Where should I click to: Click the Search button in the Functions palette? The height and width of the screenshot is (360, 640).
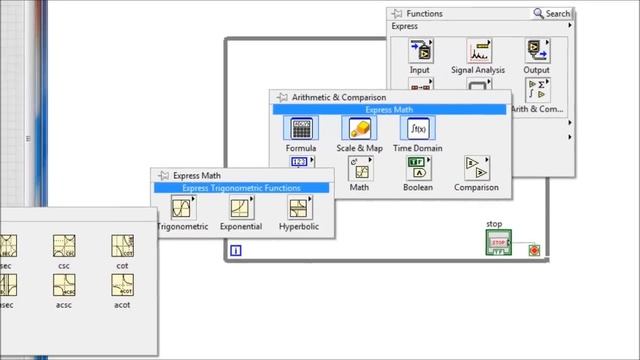click(x=552, y=14)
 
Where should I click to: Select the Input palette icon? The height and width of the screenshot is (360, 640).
click(x=420, y=50)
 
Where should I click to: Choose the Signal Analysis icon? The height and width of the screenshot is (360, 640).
click(x=478, y=50)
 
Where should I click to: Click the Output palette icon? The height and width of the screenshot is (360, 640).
click(x=538, y=50)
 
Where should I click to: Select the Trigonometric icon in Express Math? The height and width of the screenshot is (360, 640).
click(x=182, y=207)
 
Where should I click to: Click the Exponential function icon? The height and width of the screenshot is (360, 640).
click(x=241, y=207)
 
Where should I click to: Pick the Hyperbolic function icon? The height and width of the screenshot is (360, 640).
click(x=299, y=207)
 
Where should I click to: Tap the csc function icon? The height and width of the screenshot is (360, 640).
click(x=65, y=246)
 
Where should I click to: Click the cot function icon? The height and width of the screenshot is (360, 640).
click(x=123, y=246)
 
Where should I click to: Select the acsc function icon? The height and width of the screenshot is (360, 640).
click(x=65, y=285)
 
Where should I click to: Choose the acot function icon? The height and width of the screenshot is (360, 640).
click(x=123, y=285)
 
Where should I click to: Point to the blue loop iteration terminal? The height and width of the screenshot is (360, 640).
click(x=235, y=251)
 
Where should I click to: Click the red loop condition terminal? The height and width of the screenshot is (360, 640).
click(x=535, y=249)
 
